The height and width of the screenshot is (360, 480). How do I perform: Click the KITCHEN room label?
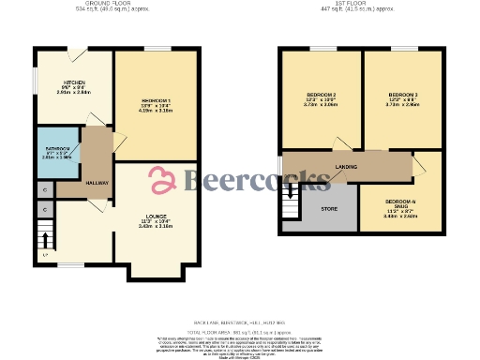pos(62,82)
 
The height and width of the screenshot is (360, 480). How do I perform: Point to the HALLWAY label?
pos(97,183)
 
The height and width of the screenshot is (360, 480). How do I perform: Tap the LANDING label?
pos(346,167)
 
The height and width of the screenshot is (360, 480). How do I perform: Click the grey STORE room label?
pos(328,209)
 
